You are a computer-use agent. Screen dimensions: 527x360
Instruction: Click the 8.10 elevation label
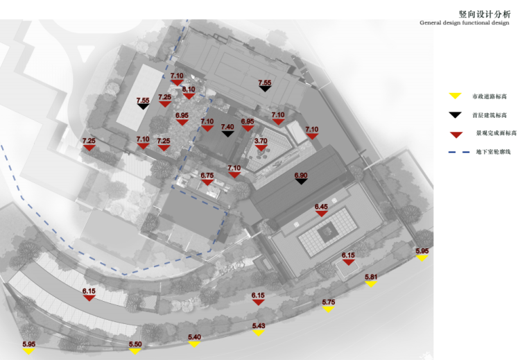189,89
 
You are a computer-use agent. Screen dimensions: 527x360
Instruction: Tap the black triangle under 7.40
227,134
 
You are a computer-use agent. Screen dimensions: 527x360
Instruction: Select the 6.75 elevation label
207,176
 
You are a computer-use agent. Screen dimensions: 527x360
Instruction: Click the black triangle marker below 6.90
300,184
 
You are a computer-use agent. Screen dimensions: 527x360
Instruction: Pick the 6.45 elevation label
321,207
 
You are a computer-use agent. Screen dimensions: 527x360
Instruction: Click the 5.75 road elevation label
329,302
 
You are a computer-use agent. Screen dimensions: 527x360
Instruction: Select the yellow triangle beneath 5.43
258,333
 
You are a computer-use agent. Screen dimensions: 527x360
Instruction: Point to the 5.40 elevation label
194,337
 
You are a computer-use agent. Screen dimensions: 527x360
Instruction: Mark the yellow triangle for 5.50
135,351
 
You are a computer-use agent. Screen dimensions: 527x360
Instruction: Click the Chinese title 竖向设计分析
484,13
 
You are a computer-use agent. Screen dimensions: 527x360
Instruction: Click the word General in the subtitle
431,23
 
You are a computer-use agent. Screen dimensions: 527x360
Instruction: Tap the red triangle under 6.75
207,184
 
